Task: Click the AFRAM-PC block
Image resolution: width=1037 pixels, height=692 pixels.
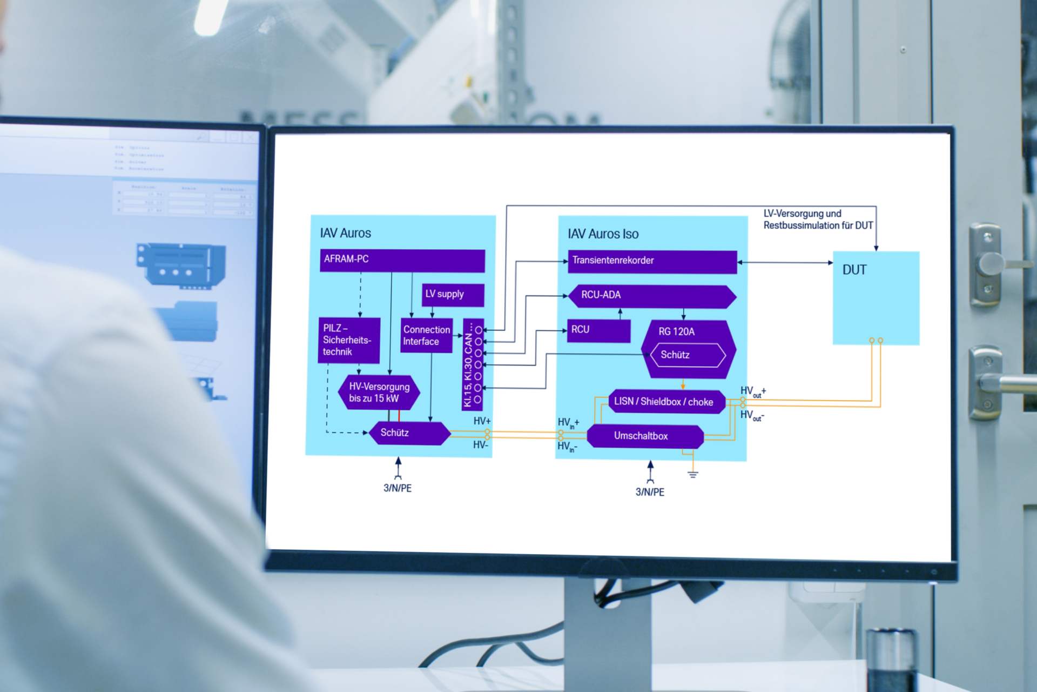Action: click(402, 260)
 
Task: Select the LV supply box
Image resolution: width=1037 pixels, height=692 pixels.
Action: click(453, 295)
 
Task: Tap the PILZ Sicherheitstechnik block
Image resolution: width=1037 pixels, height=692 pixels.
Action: click(349, 340)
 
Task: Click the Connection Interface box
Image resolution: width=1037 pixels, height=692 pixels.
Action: click(426, 336)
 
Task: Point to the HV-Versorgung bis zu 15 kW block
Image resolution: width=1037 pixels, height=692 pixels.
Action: click(379, 392)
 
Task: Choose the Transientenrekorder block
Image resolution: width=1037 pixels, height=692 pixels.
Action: click(652, 261)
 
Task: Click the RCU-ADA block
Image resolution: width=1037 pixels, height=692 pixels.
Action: click(652, 296)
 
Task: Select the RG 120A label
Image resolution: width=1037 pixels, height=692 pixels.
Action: click(676, 332)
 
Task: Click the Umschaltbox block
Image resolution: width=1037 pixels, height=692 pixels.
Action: click(645, 436)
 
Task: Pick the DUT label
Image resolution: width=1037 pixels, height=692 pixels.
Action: click(854, 270)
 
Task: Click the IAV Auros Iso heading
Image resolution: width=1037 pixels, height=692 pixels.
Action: click(603, 234)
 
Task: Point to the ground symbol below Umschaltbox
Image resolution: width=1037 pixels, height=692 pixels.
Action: click(693, 474)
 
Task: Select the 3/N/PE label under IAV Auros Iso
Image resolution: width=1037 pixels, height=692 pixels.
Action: click(650, 492)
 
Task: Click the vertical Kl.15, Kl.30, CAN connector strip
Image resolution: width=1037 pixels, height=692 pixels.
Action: click(473, 364)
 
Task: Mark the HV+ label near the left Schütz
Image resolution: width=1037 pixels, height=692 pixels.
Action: click(482, 421)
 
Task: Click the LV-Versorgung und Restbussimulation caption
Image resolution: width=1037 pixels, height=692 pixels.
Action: click(818, 219)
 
